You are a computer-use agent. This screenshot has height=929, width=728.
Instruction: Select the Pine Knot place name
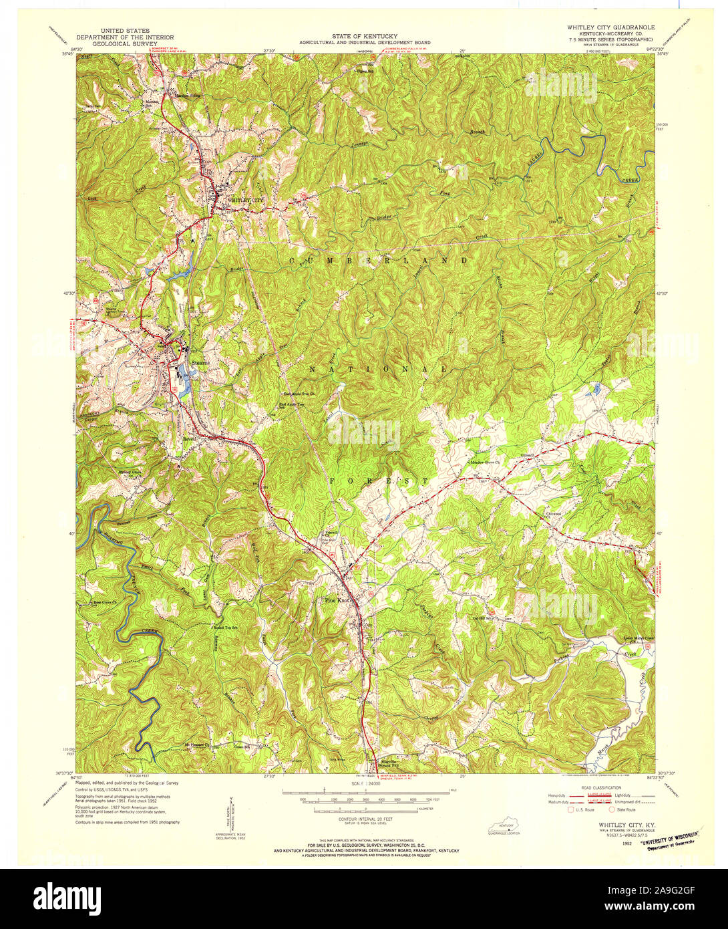point(337,600)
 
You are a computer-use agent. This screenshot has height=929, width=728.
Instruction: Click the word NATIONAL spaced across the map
point(378,369)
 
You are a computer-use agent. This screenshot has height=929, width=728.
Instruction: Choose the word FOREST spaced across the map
point(378,481)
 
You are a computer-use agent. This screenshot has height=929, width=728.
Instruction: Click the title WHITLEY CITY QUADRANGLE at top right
point(610,27)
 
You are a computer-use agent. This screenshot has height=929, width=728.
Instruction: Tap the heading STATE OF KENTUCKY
point(365,35)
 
